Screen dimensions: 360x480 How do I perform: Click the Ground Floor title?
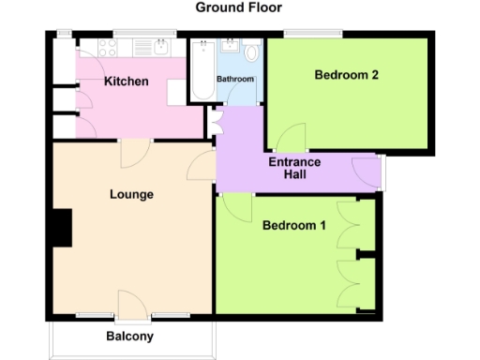click(239, 7)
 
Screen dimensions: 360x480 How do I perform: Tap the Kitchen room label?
click(126, 82)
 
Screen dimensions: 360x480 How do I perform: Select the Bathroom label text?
click(235, 80)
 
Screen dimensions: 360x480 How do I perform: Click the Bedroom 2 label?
click(346, 75)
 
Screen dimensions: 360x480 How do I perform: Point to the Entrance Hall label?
click(294, 169)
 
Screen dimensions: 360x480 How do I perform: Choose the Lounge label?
click(131, 194)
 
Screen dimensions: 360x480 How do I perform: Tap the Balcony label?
click(129, 337)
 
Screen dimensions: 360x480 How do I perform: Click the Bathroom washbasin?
click(231, 47)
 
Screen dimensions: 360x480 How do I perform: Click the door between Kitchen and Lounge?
click(132, 150)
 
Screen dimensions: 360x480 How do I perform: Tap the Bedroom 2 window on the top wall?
click(312, 35)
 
